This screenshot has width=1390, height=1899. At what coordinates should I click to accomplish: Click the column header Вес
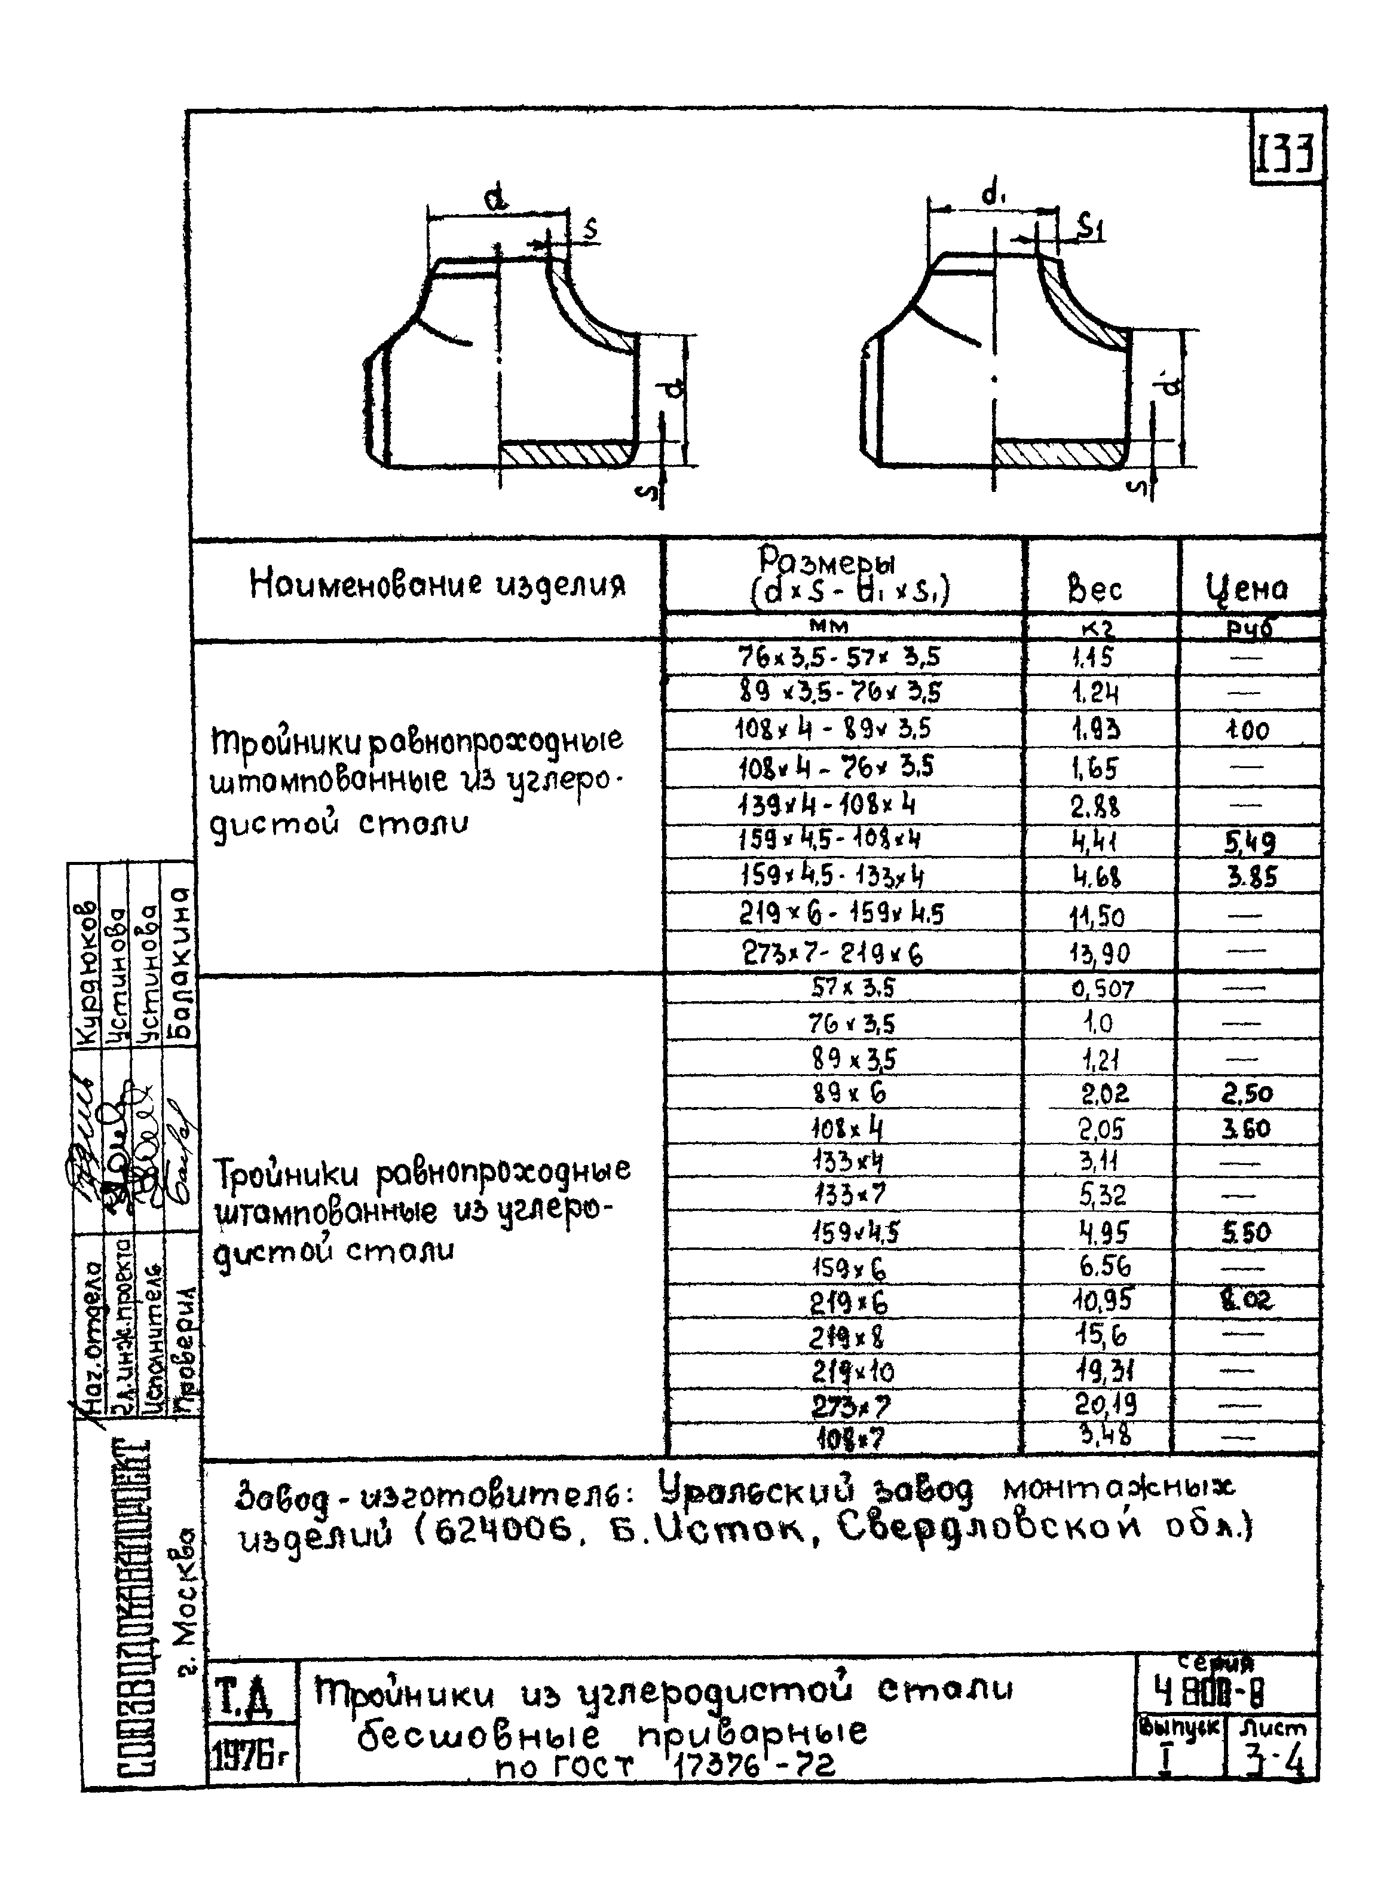point(1095,588)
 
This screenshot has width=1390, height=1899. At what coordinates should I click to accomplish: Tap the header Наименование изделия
point(437,584)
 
